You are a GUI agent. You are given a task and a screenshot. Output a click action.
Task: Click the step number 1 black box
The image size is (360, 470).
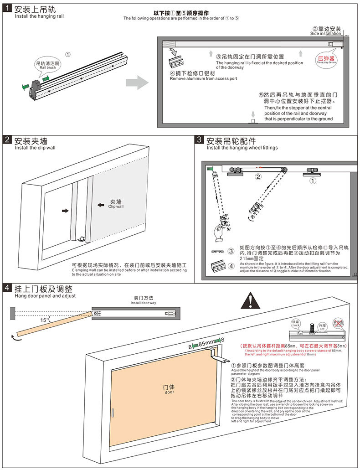8,9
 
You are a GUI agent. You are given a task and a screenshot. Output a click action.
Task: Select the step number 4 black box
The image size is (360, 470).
8,288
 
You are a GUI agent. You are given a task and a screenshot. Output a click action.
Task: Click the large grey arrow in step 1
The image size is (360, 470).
137,83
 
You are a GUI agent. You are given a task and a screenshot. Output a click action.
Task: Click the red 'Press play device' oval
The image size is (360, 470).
326,60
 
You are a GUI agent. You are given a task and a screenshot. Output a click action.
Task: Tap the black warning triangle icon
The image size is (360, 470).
249,300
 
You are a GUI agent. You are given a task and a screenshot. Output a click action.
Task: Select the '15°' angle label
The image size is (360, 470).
44,320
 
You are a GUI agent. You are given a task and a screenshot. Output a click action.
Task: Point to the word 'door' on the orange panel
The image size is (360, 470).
169,392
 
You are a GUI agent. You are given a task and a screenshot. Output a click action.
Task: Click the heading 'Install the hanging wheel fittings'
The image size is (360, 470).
242,148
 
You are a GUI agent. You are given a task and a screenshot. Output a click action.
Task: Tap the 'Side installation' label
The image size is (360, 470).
325,34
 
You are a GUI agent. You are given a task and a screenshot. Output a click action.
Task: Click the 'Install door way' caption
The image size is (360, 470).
143,303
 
